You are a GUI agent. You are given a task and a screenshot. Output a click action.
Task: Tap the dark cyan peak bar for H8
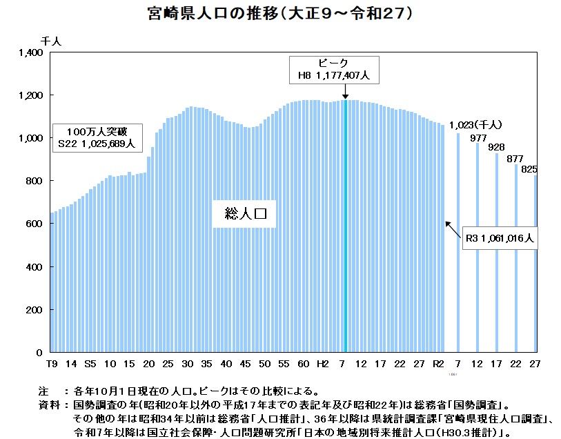345,228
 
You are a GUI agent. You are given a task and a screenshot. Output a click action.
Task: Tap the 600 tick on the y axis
36,224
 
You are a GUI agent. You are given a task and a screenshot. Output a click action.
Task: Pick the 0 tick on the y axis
41,352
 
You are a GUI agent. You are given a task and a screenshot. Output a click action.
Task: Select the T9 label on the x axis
52,363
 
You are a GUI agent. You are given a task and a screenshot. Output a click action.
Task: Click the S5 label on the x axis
90,363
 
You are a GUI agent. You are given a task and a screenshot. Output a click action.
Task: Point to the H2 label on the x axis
322,363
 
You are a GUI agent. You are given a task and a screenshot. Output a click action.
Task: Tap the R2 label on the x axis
438,363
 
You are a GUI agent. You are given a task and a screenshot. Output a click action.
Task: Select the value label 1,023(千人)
475,125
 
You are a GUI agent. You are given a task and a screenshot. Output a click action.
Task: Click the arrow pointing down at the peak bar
345,92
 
